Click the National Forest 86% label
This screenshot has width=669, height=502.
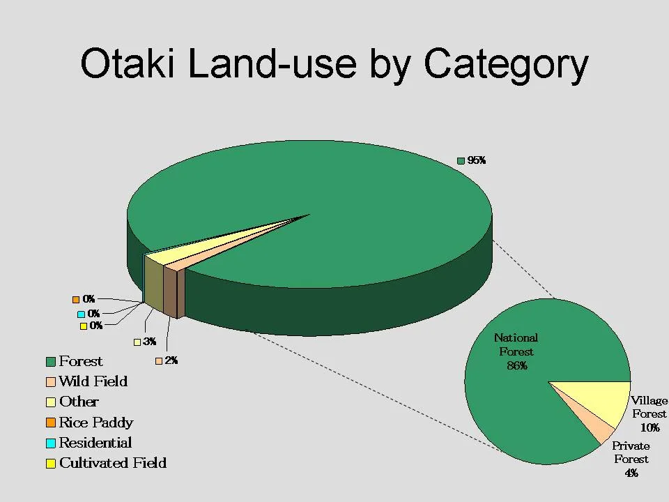516,351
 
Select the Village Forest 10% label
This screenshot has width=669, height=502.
649,414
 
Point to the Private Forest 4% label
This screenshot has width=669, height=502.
631,459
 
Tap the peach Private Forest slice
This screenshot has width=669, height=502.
597,428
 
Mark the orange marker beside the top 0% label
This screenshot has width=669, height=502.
76,299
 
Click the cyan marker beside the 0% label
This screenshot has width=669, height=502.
81,314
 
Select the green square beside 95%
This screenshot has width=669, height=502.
460,161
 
